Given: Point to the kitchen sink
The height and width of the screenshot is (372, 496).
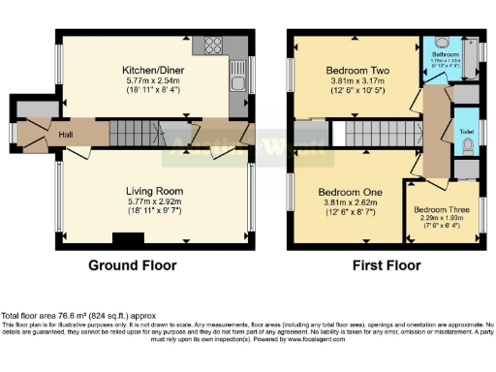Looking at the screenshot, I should (x=236, y=85).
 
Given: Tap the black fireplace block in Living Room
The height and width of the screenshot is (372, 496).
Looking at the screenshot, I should (x=126, y=239).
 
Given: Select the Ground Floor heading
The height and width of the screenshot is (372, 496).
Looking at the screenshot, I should (x=132, y=264).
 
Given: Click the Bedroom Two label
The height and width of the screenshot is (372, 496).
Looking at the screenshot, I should (x=355, y=71).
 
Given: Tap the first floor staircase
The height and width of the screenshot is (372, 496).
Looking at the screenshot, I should (x=373, y=133).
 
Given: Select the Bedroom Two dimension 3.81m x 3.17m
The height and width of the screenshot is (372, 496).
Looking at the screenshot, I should (x=355, y=82).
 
